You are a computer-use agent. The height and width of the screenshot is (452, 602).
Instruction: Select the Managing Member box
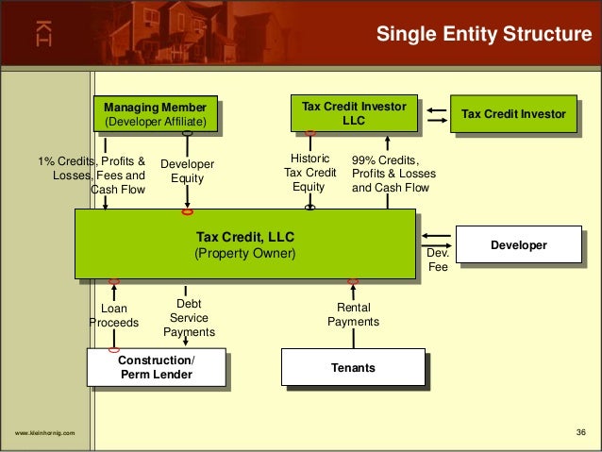click(156, 115)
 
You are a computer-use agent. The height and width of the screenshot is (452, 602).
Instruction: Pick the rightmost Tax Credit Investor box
click(514, 114)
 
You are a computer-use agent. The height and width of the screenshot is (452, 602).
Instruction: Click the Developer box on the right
click(518, 245)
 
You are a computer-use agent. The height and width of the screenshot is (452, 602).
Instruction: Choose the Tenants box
click(353, 367)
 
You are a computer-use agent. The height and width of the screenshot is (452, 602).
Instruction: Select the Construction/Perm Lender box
click(156, 367)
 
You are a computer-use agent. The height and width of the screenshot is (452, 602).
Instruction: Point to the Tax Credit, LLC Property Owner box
click(244, 244)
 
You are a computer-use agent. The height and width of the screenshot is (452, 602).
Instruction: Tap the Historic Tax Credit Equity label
click(310, 173)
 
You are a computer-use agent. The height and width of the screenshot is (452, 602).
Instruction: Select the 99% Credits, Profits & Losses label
click(390, 174)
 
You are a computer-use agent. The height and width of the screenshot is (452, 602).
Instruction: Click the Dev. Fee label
click(439, 260)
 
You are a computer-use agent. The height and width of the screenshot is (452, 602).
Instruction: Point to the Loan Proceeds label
click(113, 315)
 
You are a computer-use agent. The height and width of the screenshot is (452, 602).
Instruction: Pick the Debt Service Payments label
click(189, 318)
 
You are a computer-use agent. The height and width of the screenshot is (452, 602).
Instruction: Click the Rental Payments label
click(353, 314)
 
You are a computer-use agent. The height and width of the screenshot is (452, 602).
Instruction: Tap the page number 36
click(581, 433)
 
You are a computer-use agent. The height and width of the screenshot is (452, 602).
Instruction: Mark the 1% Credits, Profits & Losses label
click(92, 174)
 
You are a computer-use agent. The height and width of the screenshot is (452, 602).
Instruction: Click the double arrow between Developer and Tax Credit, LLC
click(436, 236)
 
